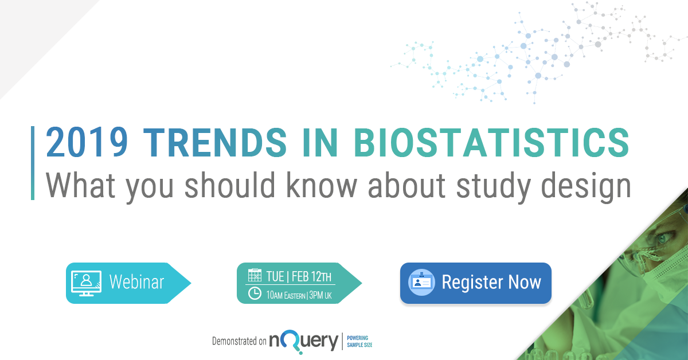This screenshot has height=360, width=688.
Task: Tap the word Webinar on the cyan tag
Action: click(136, 283)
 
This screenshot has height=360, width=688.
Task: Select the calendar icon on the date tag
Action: click(255, 276)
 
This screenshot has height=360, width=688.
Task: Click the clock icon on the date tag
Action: click(255, 294)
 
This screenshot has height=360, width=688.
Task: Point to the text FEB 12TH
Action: click(312, 276)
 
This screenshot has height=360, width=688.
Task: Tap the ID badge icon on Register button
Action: click(421, 283)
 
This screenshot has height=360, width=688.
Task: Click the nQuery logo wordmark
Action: click(303, 341)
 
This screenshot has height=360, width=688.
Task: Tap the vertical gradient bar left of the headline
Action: click(33, 163)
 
